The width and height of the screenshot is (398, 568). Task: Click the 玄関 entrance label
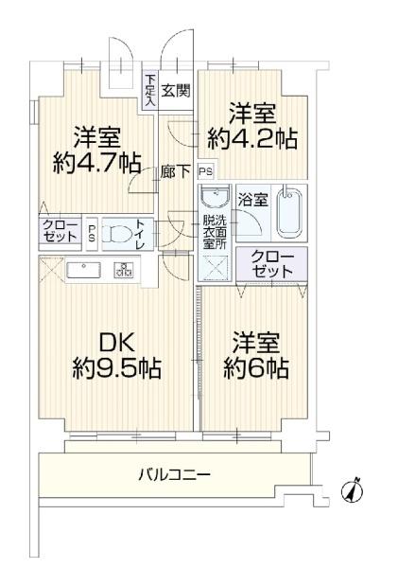(x=175, y=91)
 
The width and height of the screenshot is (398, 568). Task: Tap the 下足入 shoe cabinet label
(x=150, y=89)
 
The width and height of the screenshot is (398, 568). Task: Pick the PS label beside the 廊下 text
(x=205, y=171)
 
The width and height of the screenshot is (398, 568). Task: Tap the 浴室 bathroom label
(x=253, y=201)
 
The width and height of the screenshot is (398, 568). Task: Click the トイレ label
(x=140, y=234)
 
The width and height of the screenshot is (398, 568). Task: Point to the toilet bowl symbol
(x=117, y=234)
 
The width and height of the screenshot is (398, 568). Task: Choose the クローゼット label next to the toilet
(x=59, y=231)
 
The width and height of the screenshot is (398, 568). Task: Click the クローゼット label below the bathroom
(x=272, y=264)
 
